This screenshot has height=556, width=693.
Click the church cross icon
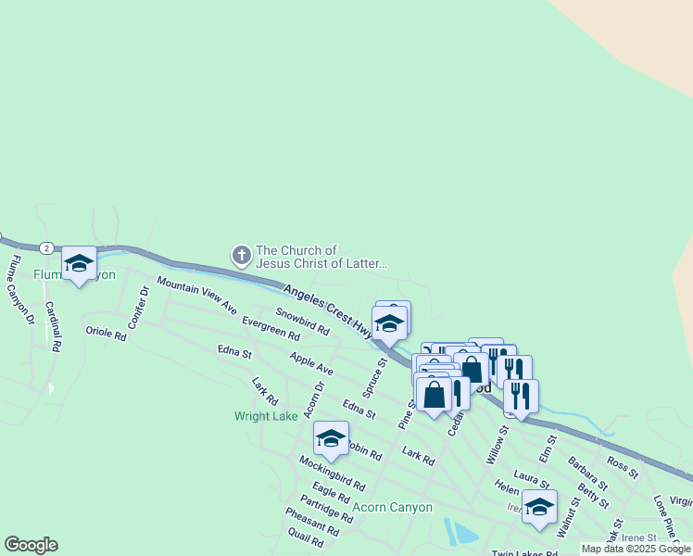(x=241, y=255)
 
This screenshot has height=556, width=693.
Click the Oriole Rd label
(x=105, y=332)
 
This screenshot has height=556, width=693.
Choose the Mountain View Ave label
(x=196, y=295)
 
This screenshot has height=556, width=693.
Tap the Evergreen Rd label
(x=270, y=328)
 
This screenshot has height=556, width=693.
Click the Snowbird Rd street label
(x=302, y=322)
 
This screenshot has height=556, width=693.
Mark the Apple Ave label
(x=310, y=362)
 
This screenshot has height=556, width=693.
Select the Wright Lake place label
(x=266, y=416)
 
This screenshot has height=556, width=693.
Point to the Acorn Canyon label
(x=393, y=507)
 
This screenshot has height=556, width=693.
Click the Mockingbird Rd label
(x=332, y=473)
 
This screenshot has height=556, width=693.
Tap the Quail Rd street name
(x=306, y=538)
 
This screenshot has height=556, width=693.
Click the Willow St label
(x=498, y=444)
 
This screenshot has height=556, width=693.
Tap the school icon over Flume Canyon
(x=79, y=263)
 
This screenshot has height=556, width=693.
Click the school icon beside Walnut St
(x=539, y=506)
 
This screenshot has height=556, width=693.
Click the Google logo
(x=31, y=545)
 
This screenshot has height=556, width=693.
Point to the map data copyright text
(x=636, y=549)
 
